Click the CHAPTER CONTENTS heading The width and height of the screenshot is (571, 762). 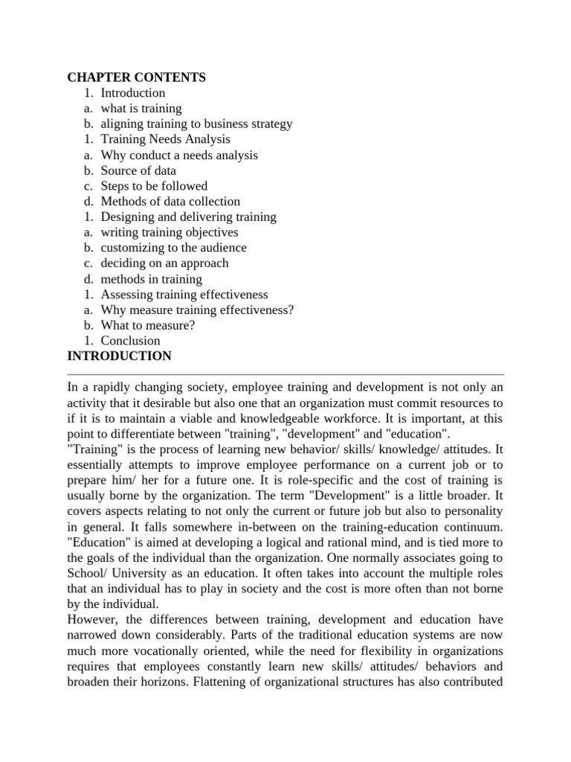136,77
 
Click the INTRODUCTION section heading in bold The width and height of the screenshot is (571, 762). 119,356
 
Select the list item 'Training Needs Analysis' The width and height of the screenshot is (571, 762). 165,139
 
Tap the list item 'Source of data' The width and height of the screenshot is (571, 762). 138,170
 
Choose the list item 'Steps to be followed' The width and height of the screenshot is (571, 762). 154,186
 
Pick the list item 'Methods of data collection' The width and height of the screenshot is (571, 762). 170,201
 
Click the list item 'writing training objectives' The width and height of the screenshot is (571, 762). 170,232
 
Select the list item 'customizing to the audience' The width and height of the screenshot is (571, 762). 173,248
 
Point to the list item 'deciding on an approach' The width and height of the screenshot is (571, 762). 164,263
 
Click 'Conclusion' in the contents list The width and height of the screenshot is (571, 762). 130,341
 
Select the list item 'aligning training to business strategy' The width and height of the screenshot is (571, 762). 196,124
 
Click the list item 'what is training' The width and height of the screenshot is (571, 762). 141,109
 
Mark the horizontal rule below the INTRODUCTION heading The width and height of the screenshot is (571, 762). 285,374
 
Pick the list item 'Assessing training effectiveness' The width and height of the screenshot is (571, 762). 184,295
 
